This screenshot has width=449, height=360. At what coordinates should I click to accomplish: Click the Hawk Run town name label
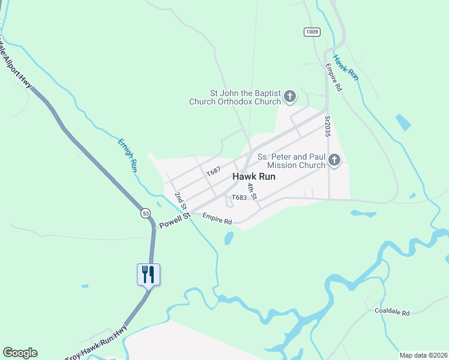pyautogui.click(x=253, y=177)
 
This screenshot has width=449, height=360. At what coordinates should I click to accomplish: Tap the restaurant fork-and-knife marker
pyautogui.click(x=148, y=274)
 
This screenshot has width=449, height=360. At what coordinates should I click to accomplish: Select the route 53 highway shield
pyautogui.click(x=146, y=213)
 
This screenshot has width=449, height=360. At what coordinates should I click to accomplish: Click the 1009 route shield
pyautogui.click(x=312, y=32)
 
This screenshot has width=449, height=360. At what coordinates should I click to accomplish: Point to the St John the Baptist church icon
pyautogui.click(x=289, y=97)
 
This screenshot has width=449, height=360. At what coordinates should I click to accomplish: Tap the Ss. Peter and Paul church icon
pyautogui.click(x=334, y=160)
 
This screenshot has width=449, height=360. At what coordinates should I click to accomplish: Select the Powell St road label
pyautogui.click(x=174, y=220)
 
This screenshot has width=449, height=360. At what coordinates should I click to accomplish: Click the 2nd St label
pyautogui.click(x=179, y=197)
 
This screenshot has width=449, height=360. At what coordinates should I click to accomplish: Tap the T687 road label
pyautogui.click(x=214, y=172)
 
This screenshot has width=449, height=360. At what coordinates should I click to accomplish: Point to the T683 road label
pyautogui.click(x=239, y=197)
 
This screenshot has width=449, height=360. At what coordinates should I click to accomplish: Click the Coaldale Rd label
pyautogui.click(x=391, y=313)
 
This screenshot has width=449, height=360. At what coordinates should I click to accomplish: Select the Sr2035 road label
pyautogui.click(x=328, y=127)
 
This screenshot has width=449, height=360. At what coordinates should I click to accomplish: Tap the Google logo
pyautogui.click(x=20, y=353)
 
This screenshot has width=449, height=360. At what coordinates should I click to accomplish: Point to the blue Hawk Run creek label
pyautogui.click(x=345, y=67)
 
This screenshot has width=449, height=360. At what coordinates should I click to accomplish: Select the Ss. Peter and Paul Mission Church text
pyautogui.click(x=291, y=161)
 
